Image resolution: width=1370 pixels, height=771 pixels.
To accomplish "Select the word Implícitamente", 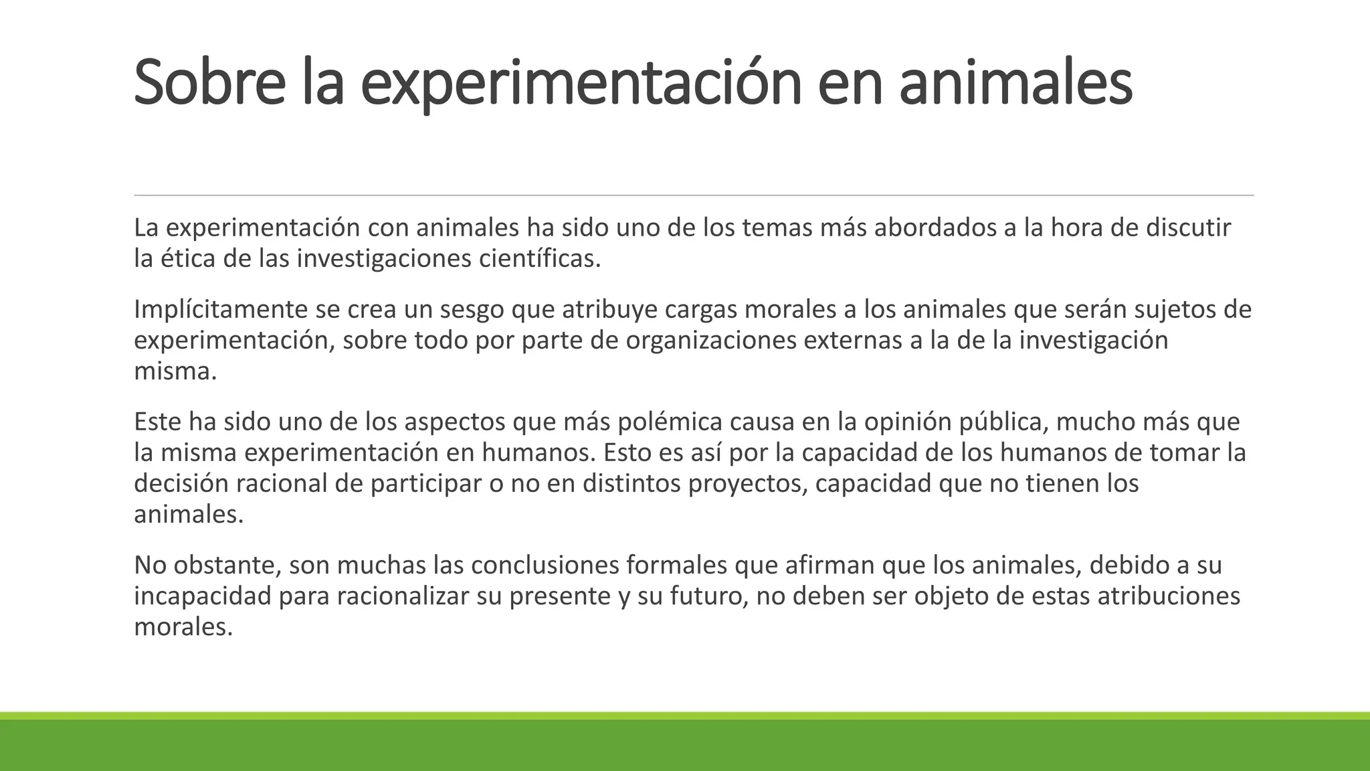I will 220,310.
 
